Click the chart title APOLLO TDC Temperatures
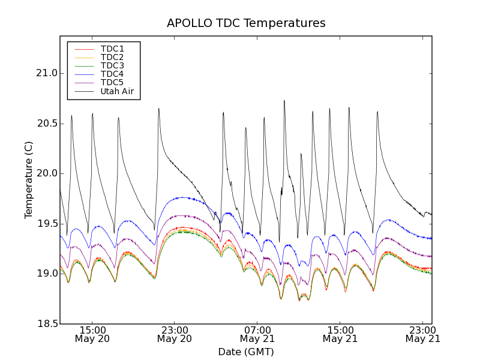point(246,23)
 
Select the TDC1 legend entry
point(112,49)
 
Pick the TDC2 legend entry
point(112,57)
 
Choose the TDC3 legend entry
point(112,65)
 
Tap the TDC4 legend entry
point(112,74)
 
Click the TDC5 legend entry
point(112,83)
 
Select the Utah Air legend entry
point(117,92)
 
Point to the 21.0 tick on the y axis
point(46,73)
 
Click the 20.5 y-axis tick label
point(46,124)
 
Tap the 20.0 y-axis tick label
point(46,173)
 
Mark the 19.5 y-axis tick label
point(46,224)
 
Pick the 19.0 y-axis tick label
point(46,274)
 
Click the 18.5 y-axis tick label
point(46,324)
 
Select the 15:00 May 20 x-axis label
point(92,334)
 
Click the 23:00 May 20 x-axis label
point(175,334)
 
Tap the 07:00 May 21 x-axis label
point(257,334)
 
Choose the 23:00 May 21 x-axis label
point(422,334)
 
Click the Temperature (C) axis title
point(29,180)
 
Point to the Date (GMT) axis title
point(246,352)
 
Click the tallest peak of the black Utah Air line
point(284,101)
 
